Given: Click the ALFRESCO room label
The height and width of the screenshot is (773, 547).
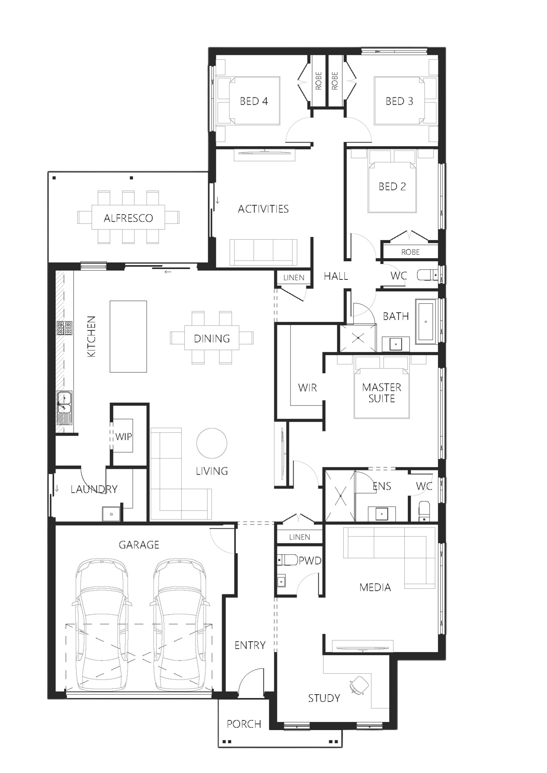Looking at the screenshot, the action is click(x=128, y=218).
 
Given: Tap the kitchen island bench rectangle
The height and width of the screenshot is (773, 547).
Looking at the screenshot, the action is click(x=128, y=336).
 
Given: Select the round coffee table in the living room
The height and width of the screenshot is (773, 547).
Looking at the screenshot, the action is click(x=212, y=443).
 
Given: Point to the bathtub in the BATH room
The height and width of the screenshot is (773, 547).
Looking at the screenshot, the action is click(x=426, y=321).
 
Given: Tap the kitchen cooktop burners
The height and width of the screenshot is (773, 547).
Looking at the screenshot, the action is click(x=65, y=328).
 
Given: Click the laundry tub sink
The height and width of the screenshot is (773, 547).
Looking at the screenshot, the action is click(x=111, y=514).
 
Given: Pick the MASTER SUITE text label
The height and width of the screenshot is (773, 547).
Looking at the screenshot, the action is click(x=381, y=393).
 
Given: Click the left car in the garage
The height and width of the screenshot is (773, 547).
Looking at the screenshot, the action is click(x=102, y=625).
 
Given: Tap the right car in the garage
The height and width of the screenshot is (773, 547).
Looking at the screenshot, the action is click(x=180, y=625).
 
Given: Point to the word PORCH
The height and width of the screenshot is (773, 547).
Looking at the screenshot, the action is click(x=244, y=724).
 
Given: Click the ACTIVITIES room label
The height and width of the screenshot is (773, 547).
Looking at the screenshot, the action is click(x=263, y=209).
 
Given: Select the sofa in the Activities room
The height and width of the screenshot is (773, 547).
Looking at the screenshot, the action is click(x=263, y=252).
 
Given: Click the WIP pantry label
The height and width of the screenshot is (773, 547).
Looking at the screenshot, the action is click(x=124, y=437).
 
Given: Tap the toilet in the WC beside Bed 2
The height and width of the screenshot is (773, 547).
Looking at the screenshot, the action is click(x=427, y=275).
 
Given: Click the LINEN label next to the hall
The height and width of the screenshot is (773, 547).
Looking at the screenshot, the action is click(x=294, y=278).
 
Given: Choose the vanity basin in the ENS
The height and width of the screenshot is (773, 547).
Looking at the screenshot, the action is click(x=381, y=514).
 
